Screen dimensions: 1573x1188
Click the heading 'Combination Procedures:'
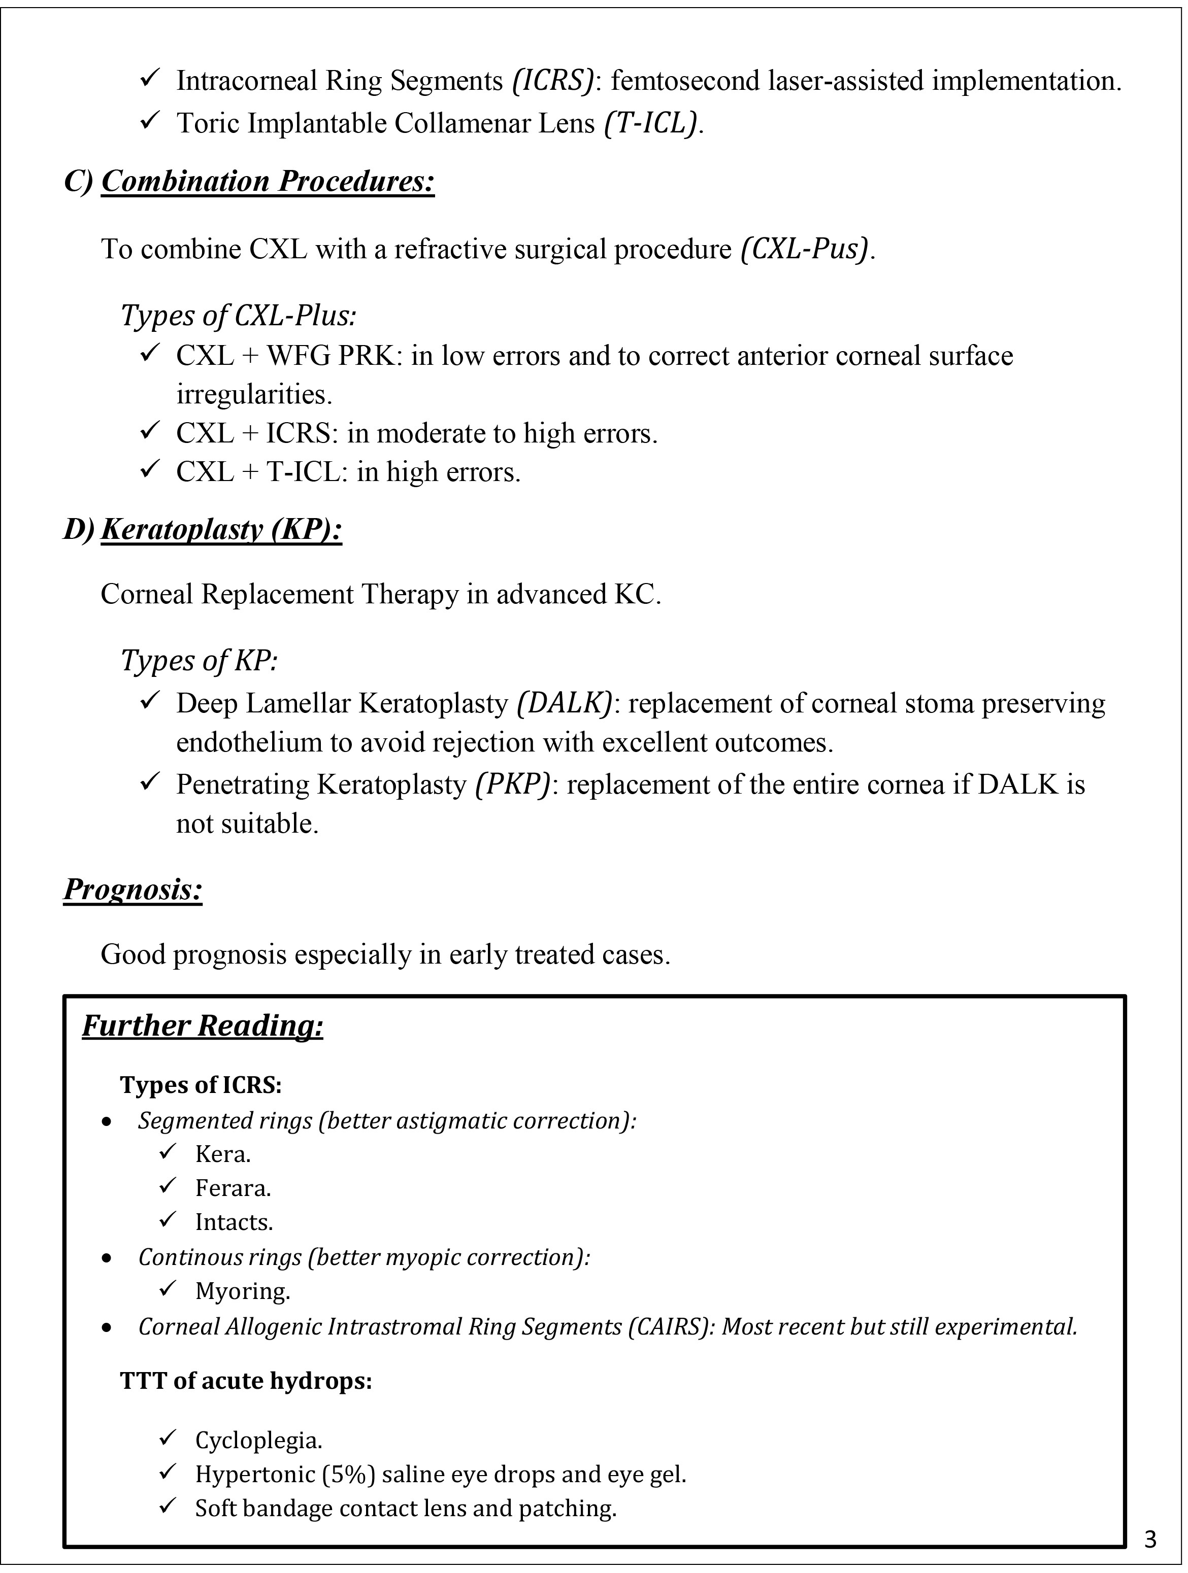tap(268, 181)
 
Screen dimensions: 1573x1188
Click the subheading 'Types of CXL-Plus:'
tap(238, 316)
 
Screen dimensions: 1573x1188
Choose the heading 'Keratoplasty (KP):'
tap(221, 530)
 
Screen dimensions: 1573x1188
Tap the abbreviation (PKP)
tap(512, 784)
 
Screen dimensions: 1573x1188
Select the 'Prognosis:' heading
tap(133, 890)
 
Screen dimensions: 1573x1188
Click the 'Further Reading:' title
tap(203, 1026)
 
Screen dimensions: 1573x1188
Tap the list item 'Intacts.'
tap(234, 1222)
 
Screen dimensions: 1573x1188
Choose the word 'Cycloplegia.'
tap(259, 1440)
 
